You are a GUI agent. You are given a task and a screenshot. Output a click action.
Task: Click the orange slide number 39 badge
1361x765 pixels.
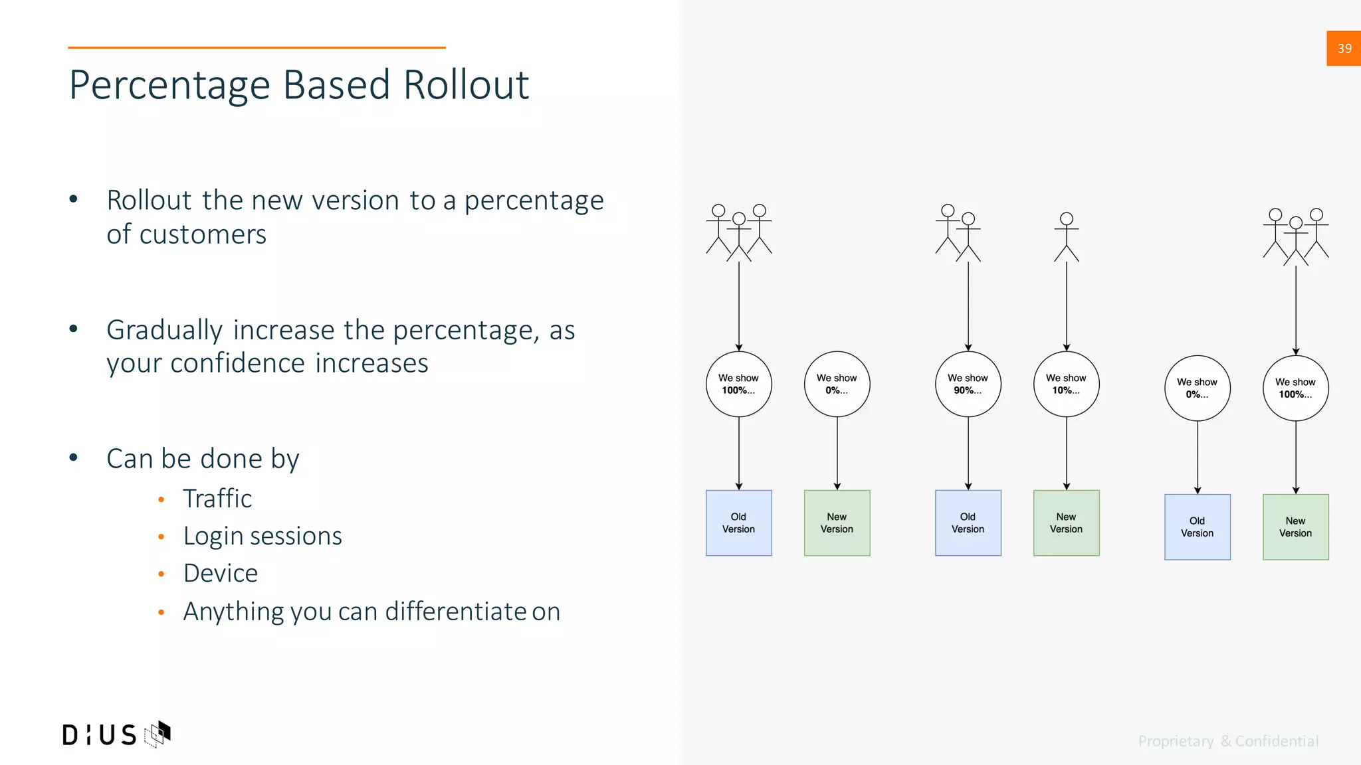pyautogui.click(x=1343, y=48)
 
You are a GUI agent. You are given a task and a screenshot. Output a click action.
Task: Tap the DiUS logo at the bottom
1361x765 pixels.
pyautogui.click(x=116, y=734)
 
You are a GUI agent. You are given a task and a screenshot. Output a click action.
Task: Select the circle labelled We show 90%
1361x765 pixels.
pyautogui.click(x=968, y=384)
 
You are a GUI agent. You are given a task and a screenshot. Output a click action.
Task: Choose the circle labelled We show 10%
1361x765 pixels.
pyautogui.click(x=1066, y=384)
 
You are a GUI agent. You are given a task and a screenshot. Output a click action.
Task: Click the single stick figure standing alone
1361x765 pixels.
pyautogui.click(x=1066, y=236)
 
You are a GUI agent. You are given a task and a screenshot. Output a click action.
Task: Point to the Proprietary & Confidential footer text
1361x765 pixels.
pyautogui.click(x=1228, y=741)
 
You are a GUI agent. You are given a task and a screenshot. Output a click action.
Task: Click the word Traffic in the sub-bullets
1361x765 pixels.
pyautogui.click(x=217, y=499)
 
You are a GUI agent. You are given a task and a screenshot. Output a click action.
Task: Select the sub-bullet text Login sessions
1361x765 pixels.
pyautogui.click(x=262, y=536)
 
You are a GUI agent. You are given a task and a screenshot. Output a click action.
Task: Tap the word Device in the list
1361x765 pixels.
pyautogui.click(x=220, y=573)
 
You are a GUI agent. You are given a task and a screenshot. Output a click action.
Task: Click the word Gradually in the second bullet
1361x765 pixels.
pyautogui.click(x=164, y=330)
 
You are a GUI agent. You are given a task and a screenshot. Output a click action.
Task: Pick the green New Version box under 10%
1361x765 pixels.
pyautogui.click(x=1066, y=523)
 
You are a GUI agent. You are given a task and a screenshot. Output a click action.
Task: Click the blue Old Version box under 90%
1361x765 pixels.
pyautogui.click(x=968, y=523)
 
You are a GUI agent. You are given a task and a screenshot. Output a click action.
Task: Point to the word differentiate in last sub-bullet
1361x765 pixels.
pyautogui.click(x=456, y=612)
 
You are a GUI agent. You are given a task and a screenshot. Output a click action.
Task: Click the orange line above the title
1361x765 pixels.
pyautogui.click(x=257, y=48)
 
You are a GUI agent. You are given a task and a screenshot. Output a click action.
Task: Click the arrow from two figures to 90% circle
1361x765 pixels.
pyautogui.click(x=968, y=305)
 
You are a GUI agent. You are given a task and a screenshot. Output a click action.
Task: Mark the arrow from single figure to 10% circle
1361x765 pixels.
pyautogui.click(x=1067, y=305)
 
